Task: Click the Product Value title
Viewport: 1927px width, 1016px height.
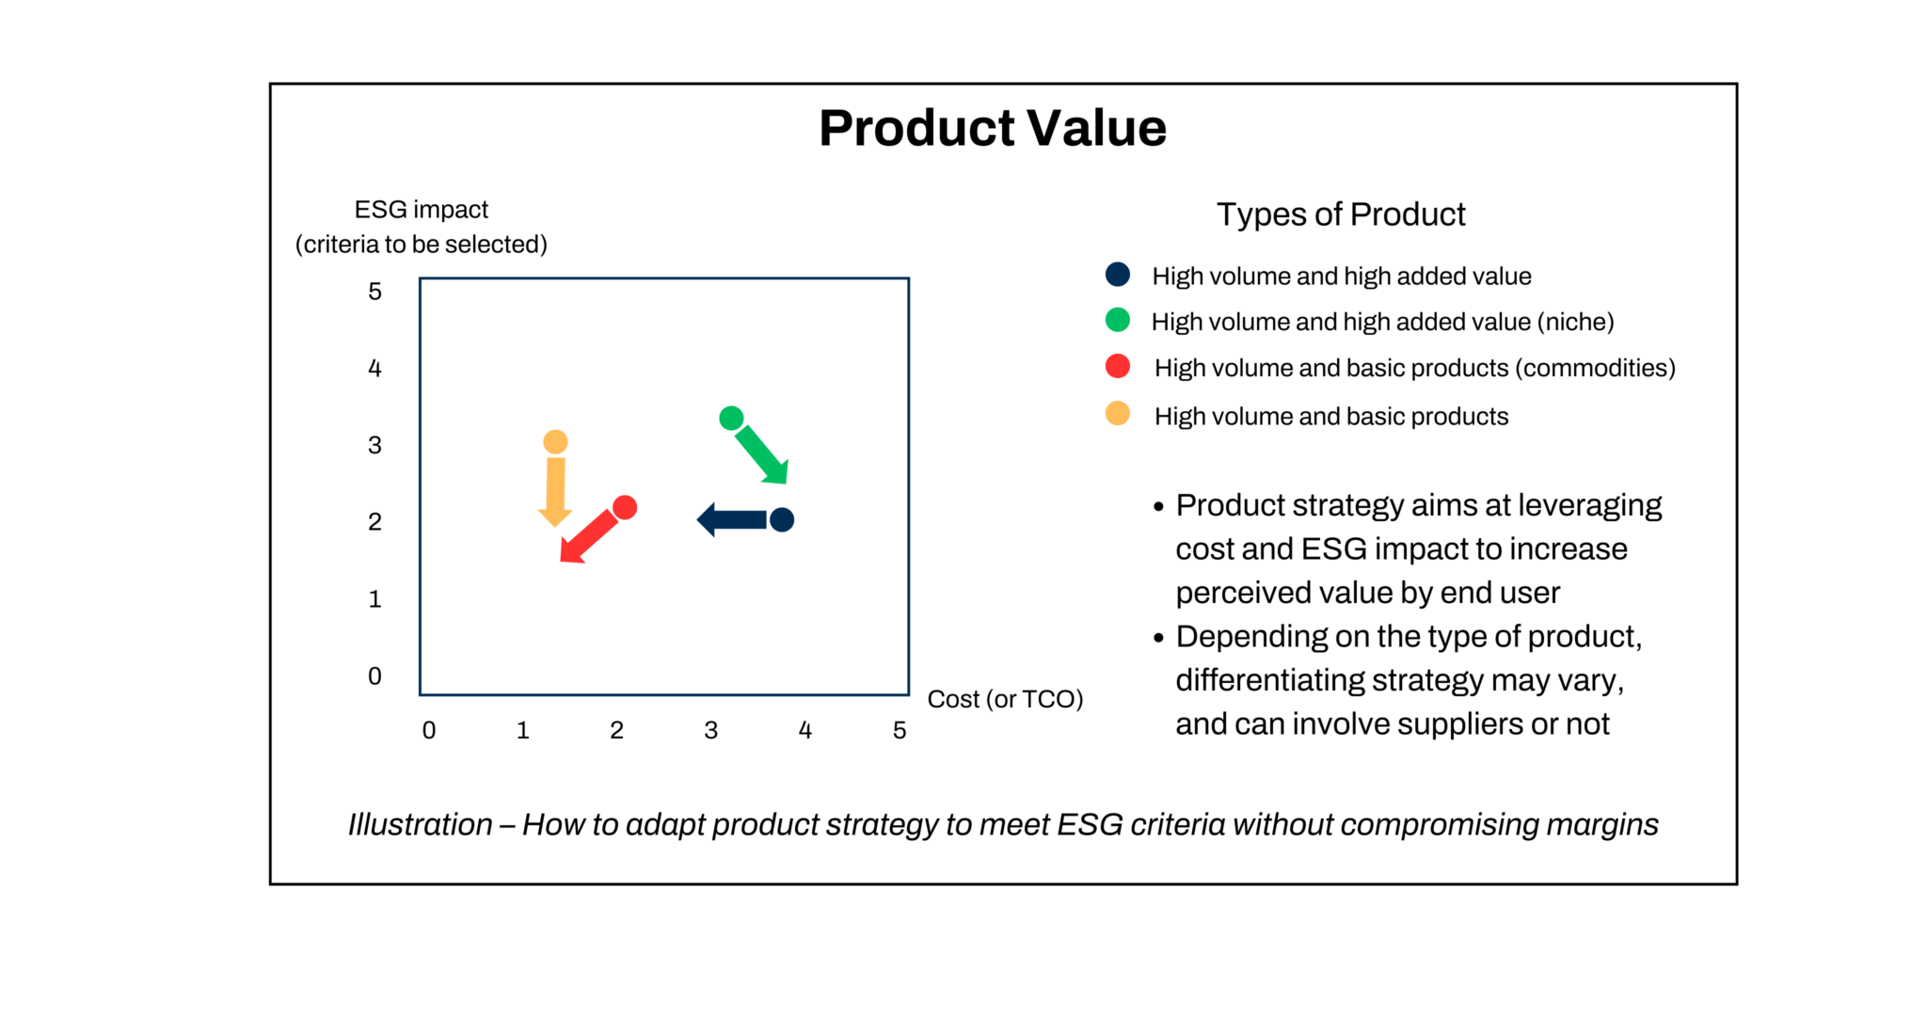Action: pos(992,128)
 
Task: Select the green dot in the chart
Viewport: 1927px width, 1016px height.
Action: pos(731,418)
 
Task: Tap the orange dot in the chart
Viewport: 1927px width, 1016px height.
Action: pos(555,442)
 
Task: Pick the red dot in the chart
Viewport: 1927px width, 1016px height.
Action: pos(625,508)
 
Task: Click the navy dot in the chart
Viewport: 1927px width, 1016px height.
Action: pos(782,519)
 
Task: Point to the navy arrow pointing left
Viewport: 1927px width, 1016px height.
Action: pos(732,519)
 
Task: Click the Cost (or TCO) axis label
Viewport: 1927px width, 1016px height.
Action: pos(1005,699)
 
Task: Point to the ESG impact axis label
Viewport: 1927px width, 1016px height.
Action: pos(421,210)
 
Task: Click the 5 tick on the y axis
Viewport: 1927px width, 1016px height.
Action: pos(374,292)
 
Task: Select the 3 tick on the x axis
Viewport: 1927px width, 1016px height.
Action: pos(711,730)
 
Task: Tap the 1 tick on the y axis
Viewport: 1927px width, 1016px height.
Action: pos(374,599)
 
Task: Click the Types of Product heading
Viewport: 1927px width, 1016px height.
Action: pos(1341,214)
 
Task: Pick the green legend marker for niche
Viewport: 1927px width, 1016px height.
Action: pos(1117,320)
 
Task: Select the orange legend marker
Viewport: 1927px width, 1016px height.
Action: pos(1117,413)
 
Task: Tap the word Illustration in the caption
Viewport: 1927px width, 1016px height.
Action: pos(420,824)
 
